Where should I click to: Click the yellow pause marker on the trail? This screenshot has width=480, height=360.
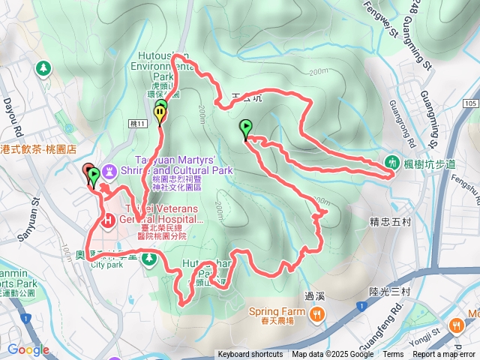(x=160, y=114)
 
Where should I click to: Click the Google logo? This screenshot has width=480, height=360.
(x=28, y=349)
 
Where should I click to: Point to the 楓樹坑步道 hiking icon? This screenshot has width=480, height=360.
(x=391, y=161)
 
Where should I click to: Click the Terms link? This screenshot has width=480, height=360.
(x=393, y=355)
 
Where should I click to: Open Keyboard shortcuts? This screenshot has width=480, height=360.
(x=250, y=355)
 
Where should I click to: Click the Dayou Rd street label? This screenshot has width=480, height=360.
(x=10, y=112)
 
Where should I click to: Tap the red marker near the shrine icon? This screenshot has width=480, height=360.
(x=87, y=171)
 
